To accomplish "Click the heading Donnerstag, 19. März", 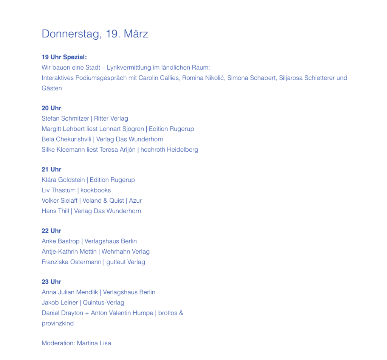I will [94, 34].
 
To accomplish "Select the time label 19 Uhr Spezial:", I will [64, 57].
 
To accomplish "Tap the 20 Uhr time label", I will [51, 108].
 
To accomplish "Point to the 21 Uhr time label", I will [51, 169].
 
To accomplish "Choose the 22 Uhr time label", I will [51, 231].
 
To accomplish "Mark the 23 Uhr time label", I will [51, 282].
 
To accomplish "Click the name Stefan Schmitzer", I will [65, 118].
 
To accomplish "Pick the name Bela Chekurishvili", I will [67, 139].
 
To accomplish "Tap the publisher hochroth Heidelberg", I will [169, 149].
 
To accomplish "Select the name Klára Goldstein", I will [63, 180].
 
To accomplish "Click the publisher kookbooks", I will [96, 190].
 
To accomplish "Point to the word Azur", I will [135, 200].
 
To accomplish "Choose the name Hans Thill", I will [55, 211].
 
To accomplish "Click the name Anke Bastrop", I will [60, 241].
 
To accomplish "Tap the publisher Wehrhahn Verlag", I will [125, 251].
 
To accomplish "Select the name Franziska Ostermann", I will [71, 262].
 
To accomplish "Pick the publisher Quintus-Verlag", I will [104, 303].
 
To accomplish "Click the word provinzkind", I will [57, 323].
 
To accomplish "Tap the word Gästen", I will [52, 88].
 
